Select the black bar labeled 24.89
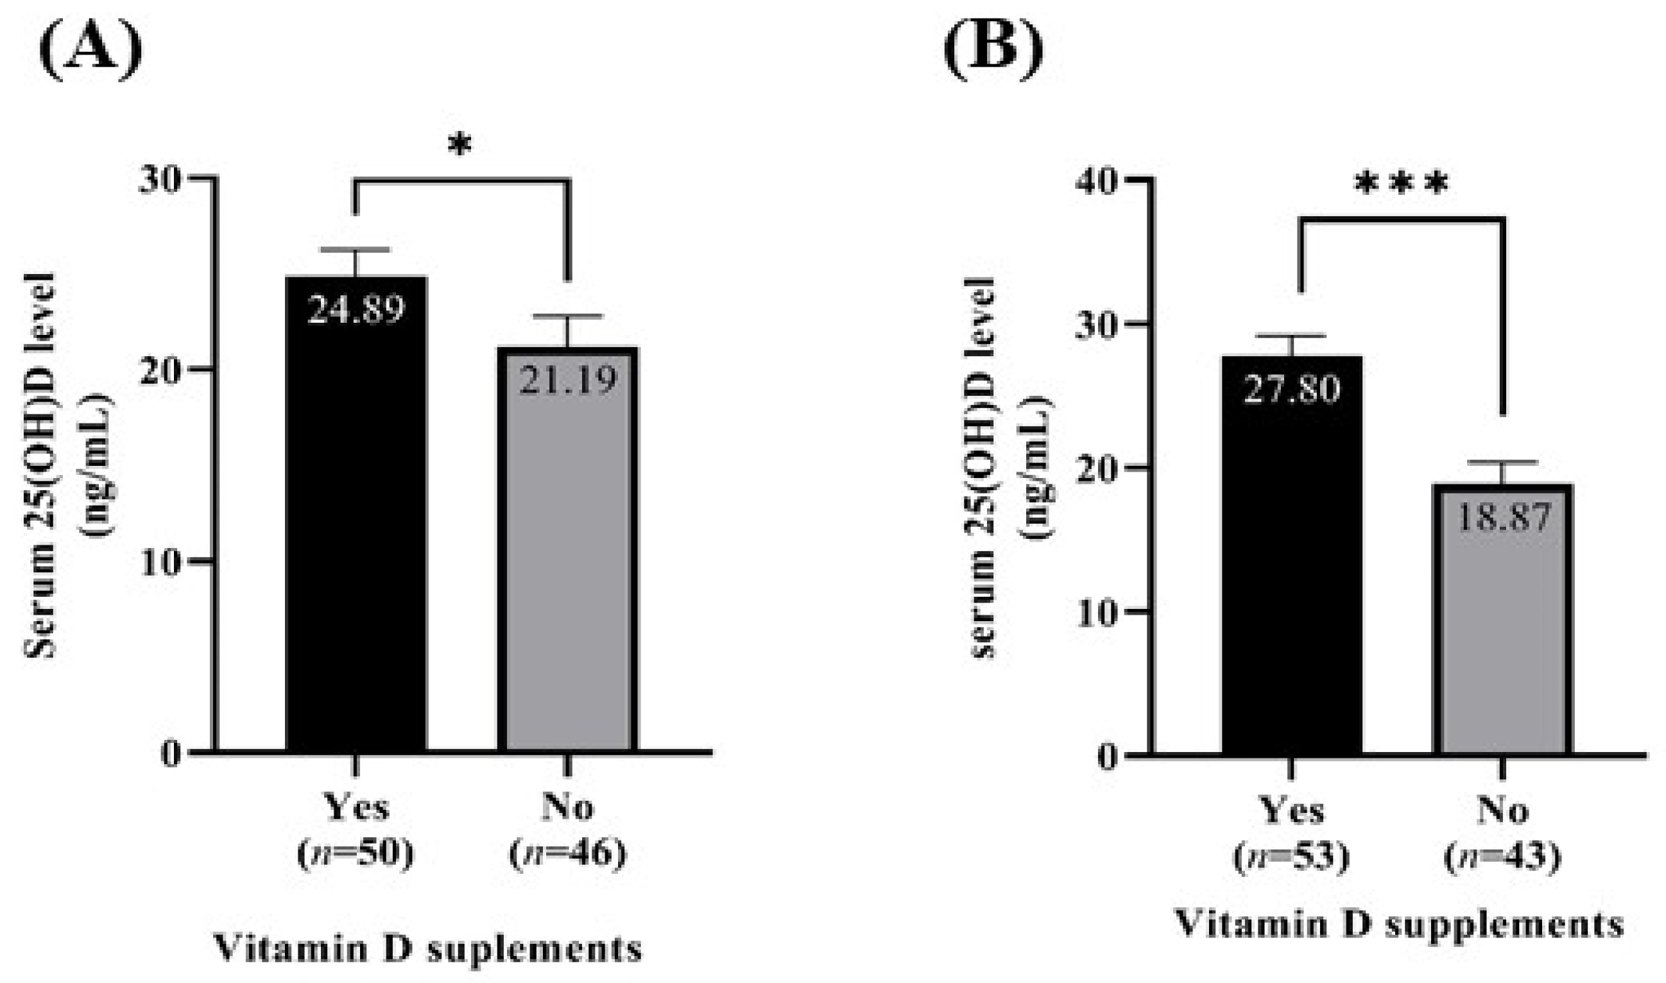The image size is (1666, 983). (356, 530)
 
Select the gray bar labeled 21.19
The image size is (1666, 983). (568, 563)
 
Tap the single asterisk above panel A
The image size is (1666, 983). (459, 145)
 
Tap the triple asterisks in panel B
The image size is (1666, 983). (1400, 185)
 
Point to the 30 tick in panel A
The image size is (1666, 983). (159, 180)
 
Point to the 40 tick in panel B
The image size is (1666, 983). (1096, 181)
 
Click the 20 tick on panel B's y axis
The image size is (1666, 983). (1096, 468)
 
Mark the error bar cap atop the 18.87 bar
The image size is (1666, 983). (1503, 462)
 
